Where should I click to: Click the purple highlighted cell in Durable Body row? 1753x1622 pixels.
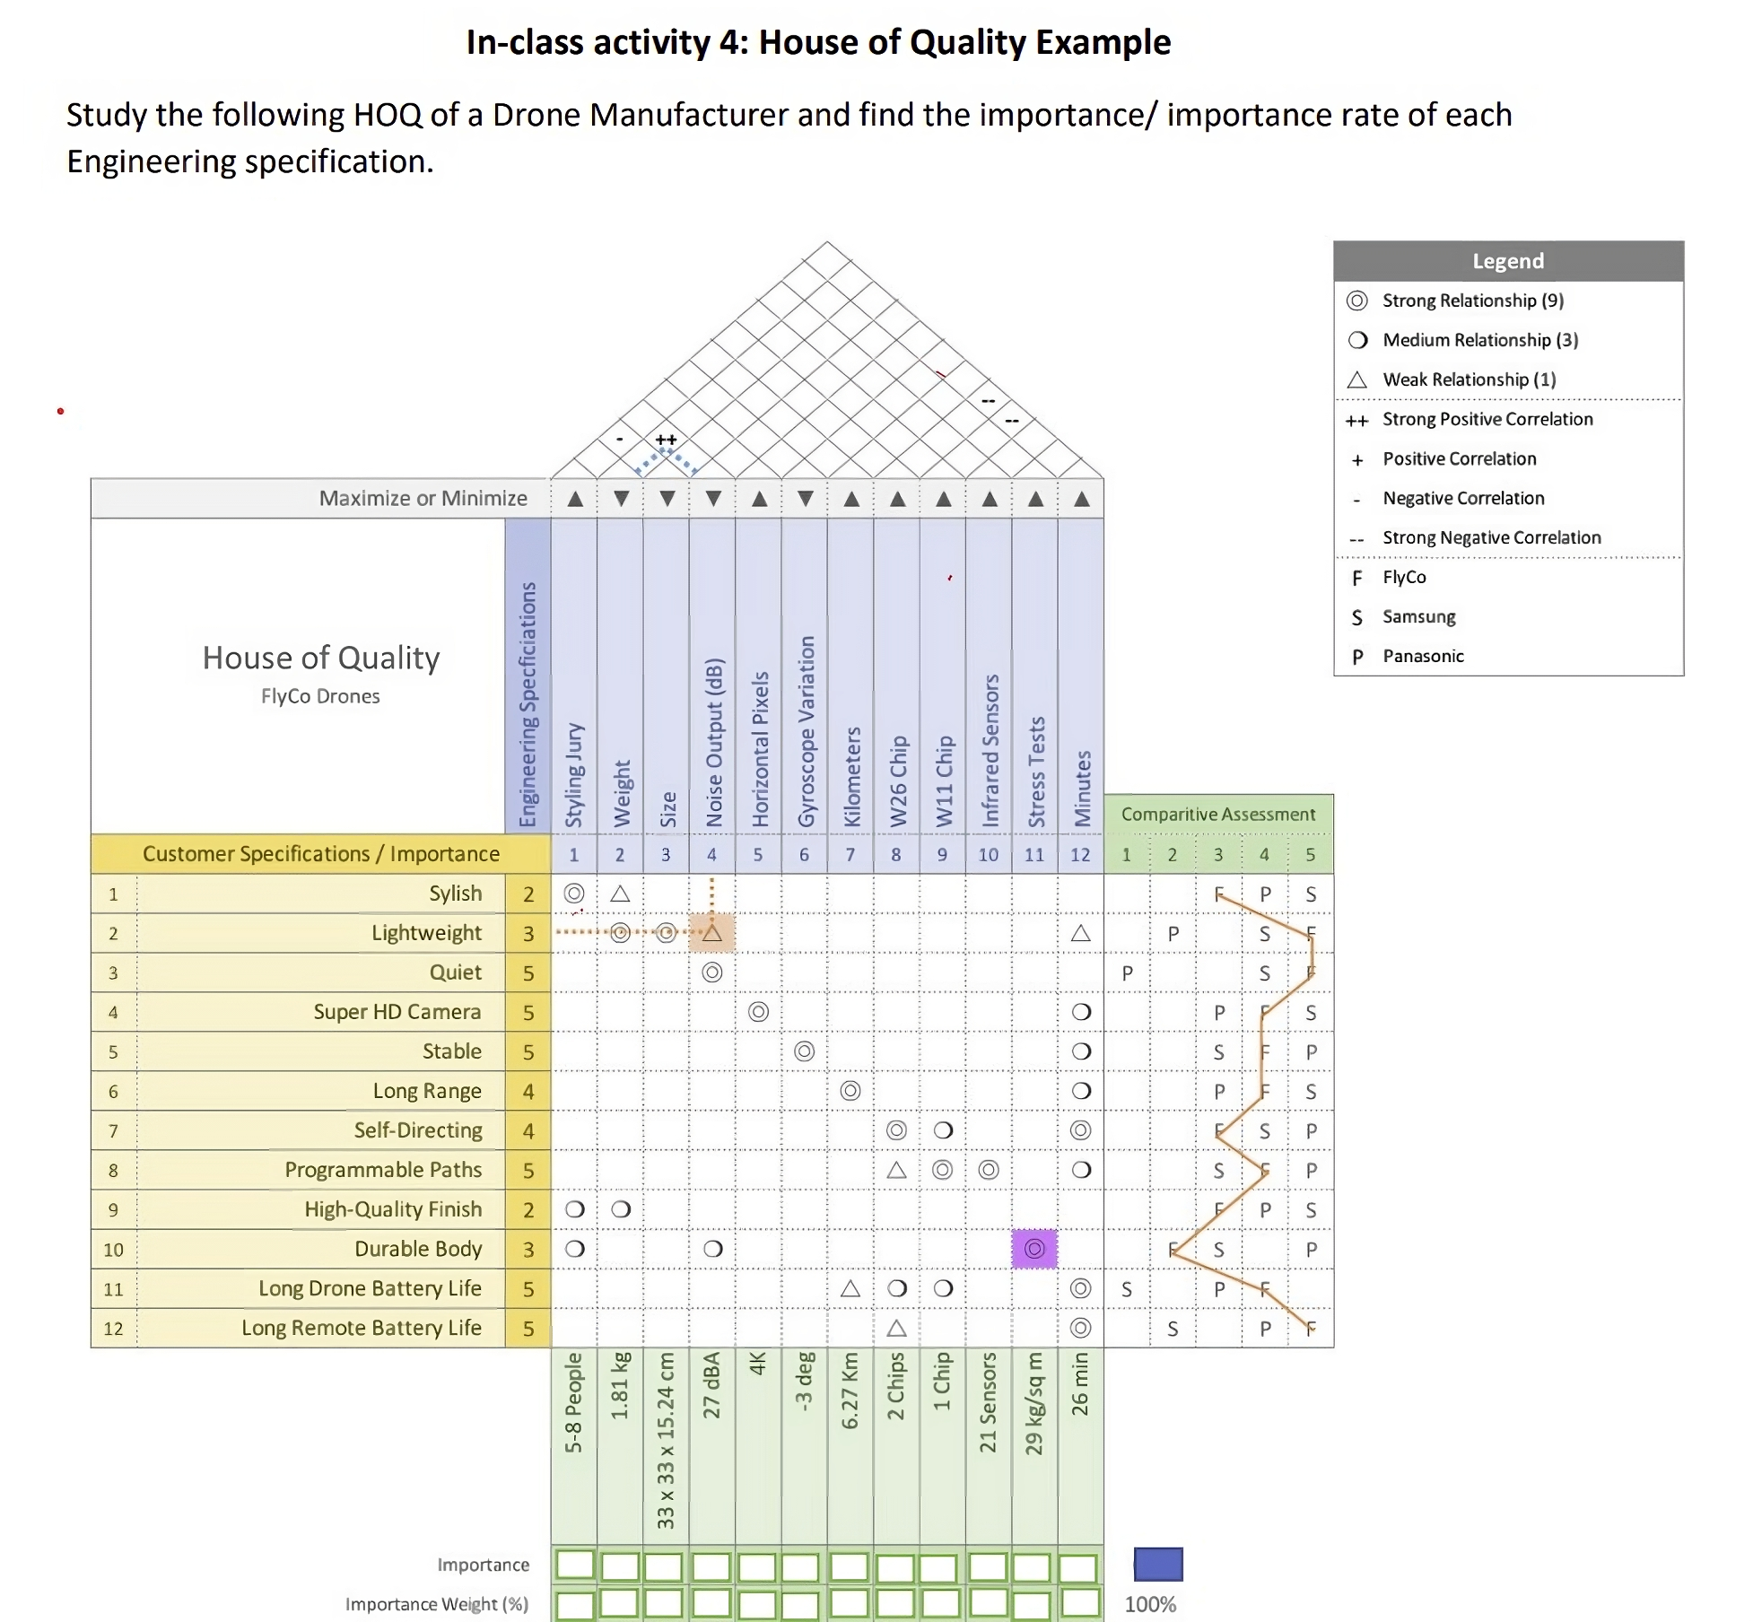point(1033,1249)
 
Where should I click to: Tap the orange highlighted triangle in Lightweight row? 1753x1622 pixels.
point(711,933)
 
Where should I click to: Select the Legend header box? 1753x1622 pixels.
point(1507,261)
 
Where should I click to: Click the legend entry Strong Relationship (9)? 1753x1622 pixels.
point(1471,301)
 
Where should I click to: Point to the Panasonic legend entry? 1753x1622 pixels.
point(1422,656)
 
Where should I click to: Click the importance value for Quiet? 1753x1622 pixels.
point(528,972)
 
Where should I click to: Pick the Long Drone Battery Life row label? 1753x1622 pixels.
point(370,1288)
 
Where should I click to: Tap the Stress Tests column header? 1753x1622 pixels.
point(1035,772)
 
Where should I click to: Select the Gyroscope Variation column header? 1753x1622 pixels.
point(806,731)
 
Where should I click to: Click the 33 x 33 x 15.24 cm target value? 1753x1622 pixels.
point(666,1440)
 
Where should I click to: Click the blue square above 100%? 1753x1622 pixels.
point(1157,1565)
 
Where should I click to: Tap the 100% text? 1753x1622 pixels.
point(1150,1604)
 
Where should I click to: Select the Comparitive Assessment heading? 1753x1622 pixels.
point(1217,815)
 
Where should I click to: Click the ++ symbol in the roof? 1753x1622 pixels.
point(666,440)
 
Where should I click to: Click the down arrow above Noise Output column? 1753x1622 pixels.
point(713,499)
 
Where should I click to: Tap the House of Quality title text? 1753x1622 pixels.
point(321,658)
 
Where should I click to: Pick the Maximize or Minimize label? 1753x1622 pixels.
point(423,499)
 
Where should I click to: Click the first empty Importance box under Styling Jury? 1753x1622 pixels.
point(574,1565)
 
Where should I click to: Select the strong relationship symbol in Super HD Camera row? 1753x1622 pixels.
point(758,1012)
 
